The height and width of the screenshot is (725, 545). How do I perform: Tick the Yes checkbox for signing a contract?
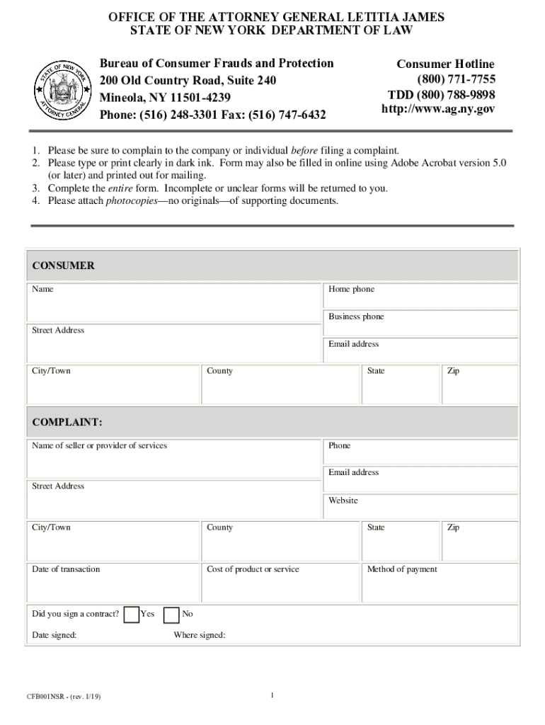point(131,615)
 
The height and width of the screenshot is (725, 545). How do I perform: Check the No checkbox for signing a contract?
point(171,615)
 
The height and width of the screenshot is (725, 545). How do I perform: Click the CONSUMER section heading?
point(63,266)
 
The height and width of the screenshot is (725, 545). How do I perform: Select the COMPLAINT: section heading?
point(67,423)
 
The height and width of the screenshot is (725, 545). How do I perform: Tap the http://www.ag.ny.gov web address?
point(438,109)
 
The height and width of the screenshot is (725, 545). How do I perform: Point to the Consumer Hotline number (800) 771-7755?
point(456,79)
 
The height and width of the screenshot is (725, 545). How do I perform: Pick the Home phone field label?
point(351,290)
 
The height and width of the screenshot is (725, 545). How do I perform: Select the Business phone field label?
point(356,316)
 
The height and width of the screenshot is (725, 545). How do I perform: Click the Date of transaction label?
point(66,569)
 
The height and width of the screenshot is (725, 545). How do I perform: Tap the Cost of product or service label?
point(253,569)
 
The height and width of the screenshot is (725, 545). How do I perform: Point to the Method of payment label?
point(402,569)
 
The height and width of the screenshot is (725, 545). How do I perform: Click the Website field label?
point(343,501)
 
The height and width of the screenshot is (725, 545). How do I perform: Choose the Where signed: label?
point(200,635)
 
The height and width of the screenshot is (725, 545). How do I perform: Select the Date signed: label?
point(54,635)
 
